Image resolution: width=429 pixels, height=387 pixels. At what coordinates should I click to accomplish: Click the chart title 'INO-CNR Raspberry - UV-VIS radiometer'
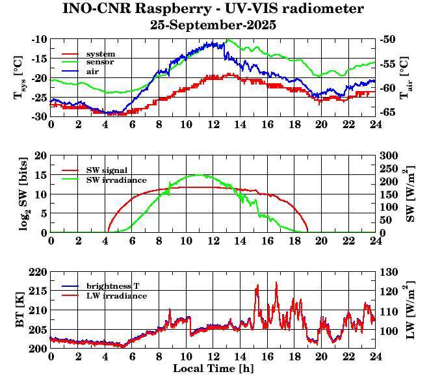pyautogui.click(x=213, y=9)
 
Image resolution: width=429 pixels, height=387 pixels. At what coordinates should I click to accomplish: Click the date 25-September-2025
pyautogui.click(x=213, y=25)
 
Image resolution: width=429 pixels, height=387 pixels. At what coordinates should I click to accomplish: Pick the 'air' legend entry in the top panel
pyautogui.click(x=92, y=70)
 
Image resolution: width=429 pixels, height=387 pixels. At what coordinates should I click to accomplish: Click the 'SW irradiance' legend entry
pyautogui.click(x=116, y=179)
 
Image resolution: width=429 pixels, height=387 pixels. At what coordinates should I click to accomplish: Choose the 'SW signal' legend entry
pyautogui.click(x=107, y=170)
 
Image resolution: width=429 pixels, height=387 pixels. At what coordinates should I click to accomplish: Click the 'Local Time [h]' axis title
pyautogui.click(x=213, y=369)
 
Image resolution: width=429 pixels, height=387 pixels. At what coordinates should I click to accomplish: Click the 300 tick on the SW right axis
pyautogui.click(x=388, y=155)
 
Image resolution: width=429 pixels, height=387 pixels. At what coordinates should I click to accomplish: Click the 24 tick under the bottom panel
pyautogui.click(x=375, y=357)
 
